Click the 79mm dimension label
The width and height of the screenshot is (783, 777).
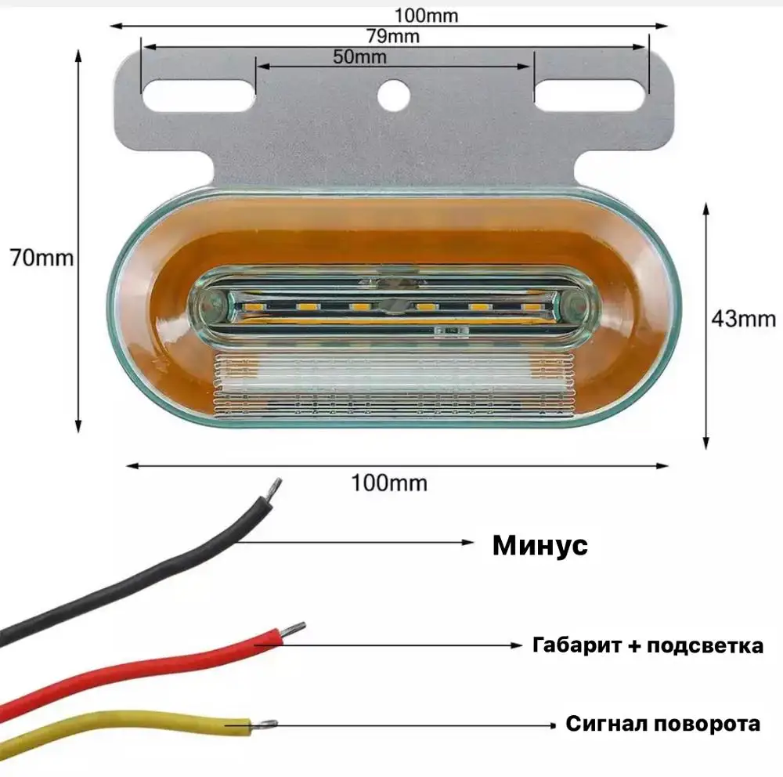(393, 36)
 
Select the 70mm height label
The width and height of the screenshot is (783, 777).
(41, 257)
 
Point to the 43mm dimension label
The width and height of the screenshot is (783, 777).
(743, 318)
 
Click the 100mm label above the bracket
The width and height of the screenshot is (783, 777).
(426, 14)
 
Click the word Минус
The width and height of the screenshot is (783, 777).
(539, 545)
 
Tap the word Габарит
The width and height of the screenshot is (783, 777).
(571, 645)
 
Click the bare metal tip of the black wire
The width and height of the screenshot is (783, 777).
(274, 488)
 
